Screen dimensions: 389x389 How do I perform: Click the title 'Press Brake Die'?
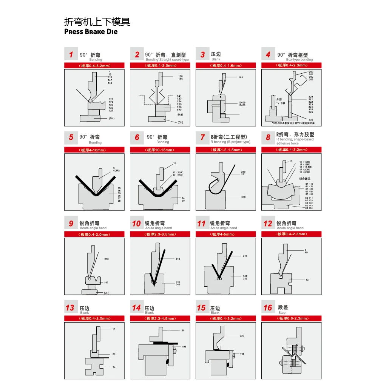point(91,32)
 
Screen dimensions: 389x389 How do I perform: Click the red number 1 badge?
point(71,55)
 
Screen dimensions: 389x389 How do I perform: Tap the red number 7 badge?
point(203,137)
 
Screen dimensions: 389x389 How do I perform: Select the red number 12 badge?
point(268,224)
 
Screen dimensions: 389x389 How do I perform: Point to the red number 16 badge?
point(268,308)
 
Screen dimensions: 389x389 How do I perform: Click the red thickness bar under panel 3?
point(226,66)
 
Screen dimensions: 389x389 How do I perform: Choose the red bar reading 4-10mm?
point(94,150)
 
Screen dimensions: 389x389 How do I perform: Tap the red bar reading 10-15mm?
point(160,150)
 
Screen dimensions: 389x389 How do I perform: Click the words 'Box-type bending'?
point(299,60)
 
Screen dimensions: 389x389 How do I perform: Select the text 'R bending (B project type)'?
point(230,142)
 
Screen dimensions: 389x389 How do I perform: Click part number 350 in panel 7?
point(244,197)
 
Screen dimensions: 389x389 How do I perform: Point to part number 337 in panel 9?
point(107,282)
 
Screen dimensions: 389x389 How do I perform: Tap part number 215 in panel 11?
point(245,256)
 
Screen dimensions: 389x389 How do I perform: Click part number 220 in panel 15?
point(242,336)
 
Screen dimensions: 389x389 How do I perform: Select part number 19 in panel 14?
point(183,330)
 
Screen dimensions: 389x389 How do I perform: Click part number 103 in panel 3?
point(241,77)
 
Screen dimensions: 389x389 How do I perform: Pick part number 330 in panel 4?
point(310,120)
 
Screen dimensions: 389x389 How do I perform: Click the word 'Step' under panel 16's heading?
point(282,313)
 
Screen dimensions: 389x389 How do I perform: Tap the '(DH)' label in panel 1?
point(111,119)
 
